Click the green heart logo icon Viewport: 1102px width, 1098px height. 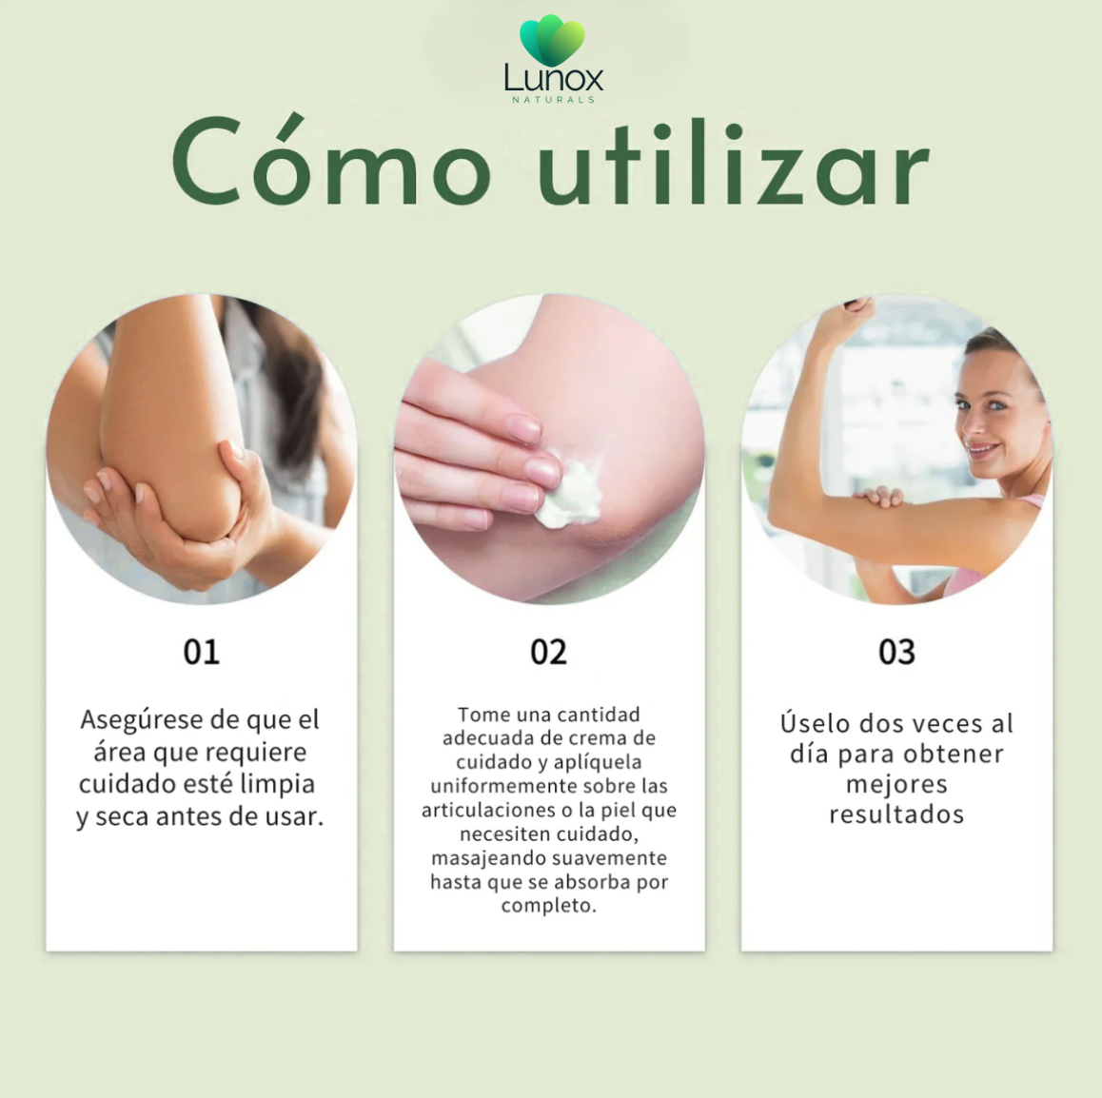[552, 40]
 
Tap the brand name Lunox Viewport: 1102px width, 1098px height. [553, 79]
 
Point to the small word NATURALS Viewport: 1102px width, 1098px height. [553, 100]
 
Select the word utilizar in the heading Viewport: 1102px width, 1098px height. [733, 163]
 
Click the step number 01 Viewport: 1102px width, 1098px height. [202, 652]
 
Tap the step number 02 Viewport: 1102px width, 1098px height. [549, 652]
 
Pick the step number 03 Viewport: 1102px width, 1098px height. [896, 652]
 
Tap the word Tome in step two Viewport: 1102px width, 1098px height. [484, 715]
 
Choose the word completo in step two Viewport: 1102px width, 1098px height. [548, 906]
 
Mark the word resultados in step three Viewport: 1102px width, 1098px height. [896, 814]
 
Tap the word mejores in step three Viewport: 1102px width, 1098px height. [896, 784]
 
